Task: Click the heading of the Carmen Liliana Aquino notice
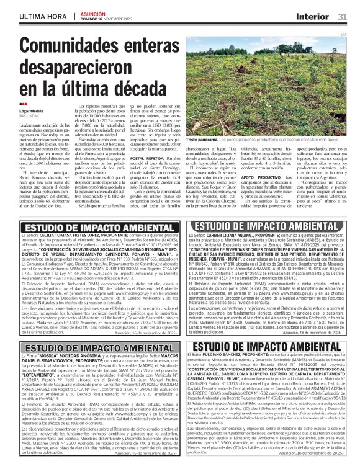point(268,226)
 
